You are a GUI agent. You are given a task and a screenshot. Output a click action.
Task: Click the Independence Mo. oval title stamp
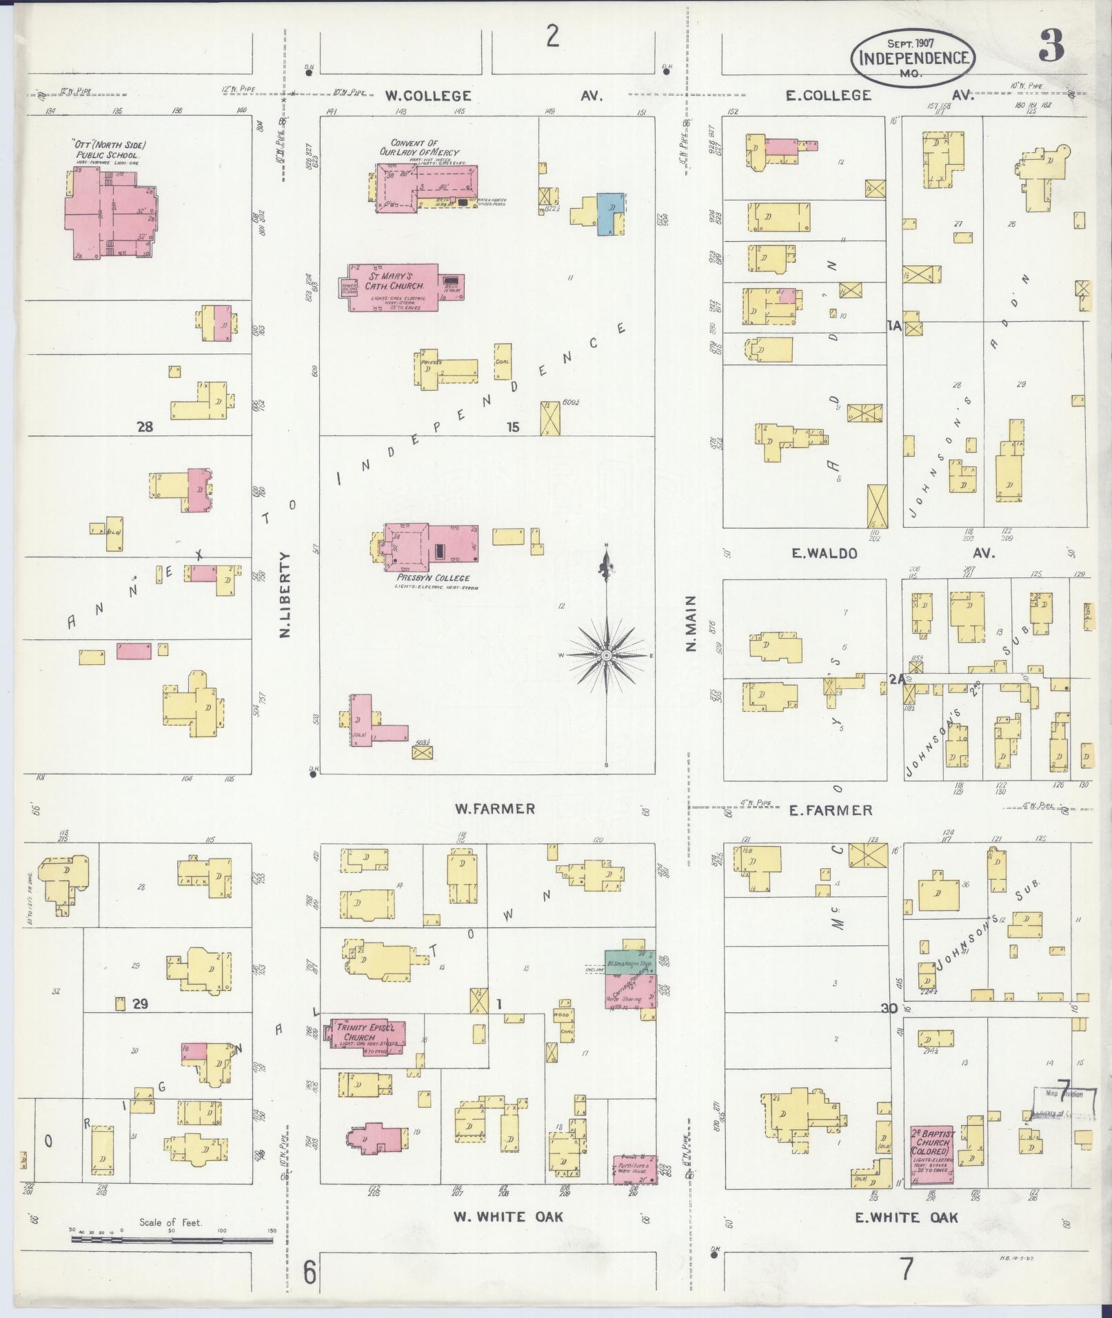914,58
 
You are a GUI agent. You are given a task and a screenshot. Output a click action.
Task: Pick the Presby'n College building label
433,578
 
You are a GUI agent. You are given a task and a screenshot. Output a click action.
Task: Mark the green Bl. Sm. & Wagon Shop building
628,962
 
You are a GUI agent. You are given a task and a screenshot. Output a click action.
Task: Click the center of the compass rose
606,655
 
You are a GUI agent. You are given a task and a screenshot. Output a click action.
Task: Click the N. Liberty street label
287,593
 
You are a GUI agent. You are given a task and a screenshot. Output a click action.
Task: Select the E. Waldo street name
823,553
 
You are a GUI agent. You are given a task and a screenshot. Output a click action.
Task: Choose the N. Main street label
691,624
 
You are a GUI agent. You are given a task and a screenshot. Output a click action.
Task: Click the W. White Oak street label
508,1217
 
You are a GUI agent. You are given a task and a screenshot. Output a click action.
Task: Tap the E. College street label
829,96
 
